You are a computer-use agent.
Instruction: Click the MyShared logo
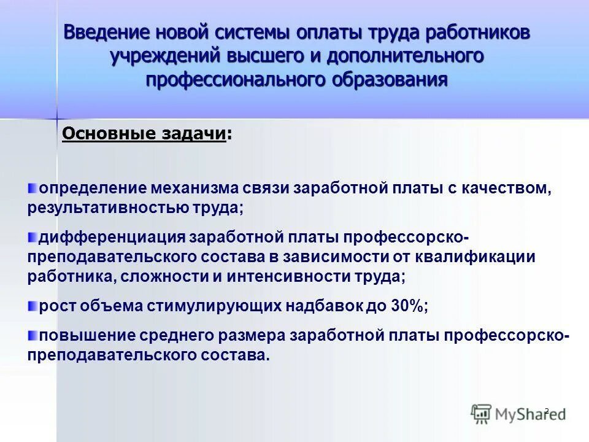coord(518,414)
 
